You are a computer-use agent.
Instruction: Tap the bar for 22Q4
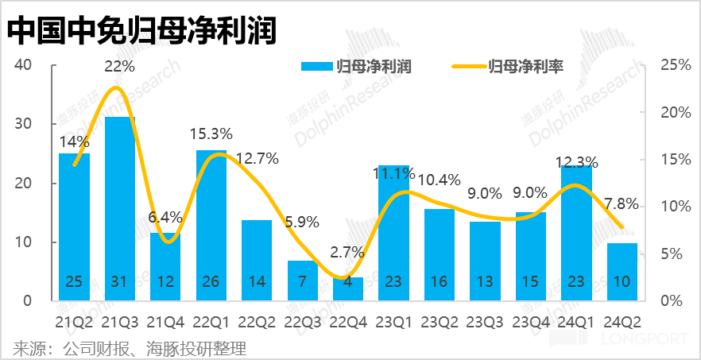click(347, 288)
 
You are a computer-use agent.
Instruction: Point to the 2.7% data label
click(347, 253)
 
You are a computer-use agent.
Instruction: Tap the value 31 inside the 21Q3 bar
click(119, 282)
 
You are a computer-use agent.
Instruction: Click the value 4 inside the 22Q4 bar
click(347, 282)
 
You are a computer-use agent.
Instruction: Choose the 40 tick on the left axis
click(23, 65)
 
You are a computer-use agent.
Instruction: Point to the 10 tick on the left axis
click(23, 242)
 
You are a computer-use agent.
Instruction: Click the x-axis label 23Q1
click(393, 321)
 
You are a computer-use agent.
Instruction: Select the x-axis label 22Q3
click(302, 321)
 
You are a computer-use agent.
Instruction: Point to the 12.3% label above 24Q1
click(576, 163)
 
